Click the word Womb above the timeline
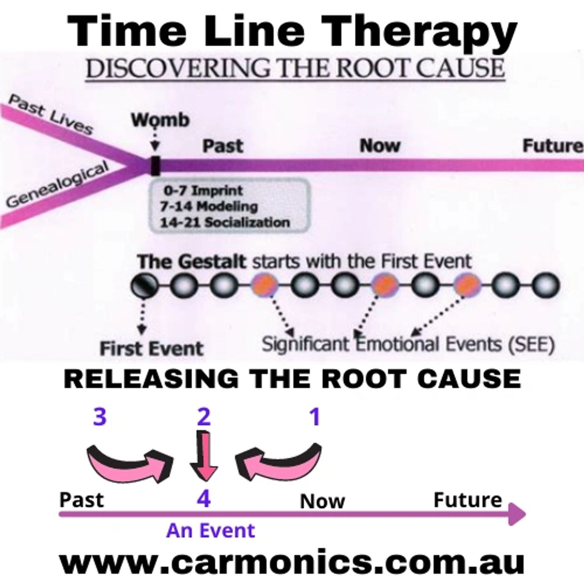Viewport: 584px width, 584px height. [x=160, y=120]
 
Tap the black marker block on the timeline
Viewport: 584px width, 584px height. [x=155, y=166]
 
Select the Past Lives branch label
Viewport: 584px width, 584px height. [x=50, y=114]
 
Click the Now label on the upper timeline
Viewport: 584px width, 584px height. [x=380, y=146]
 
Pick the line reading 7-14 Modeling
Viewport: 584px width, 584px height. [x=209, y=207]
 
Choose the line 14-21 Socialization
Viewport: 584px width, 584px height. [x=225, y=223]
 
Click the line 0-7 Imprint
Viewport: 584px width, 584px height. [x=203, y=191]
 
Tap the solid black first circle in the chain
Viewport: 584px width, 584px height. [x=145, y=285]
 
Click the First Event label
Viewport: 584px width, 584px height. [x=151, y=349]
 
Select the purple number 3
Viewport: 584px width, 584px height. [x=100, y=416]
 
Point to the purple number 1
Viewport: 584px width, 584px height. [x=316, y=417]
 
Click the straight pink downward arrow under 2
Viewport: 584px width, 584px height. [x=203, y=456]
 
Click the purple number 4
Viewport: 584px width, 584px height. [x=203, y=499]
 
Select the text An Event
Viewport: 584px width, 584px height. [x=211, y=531]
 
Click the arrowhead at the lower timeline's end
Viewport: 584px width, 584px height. [x=517, y=514]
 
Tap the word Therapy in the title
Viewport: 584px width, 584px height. [x=418, y=32]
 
